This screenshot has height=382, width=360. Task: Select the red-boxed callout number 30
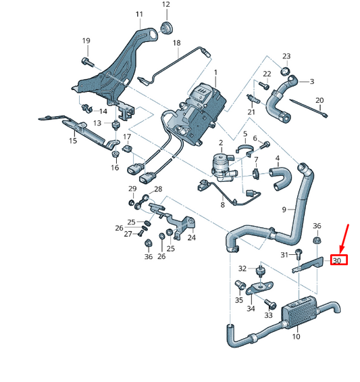click(338, 260)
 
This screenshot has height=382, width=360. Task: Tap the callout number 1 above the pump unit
click(216, 72)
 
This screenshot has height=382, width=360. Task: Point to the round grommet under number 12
click(165, 28)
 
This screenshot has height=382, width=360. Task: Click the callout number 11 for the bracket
click(139, 14)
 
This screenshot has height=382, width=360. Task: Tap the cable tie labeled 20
click(318, 112)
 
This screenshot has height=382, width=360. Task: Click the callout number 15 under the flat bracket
click(72, 141)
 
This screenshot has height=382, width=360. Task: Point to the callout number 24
click(191, 237)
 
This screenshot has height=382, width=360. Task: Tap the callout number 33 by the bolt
click(267, 315)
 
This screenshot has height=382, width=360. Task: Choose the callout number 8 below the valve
click(222, 204)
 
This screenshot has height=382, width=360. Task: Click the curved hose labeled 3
click(279, 101)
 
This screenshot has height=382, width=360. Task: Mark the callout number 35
click(239, 300)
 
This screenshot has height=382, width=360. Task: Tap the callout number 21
click(251, 112)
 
